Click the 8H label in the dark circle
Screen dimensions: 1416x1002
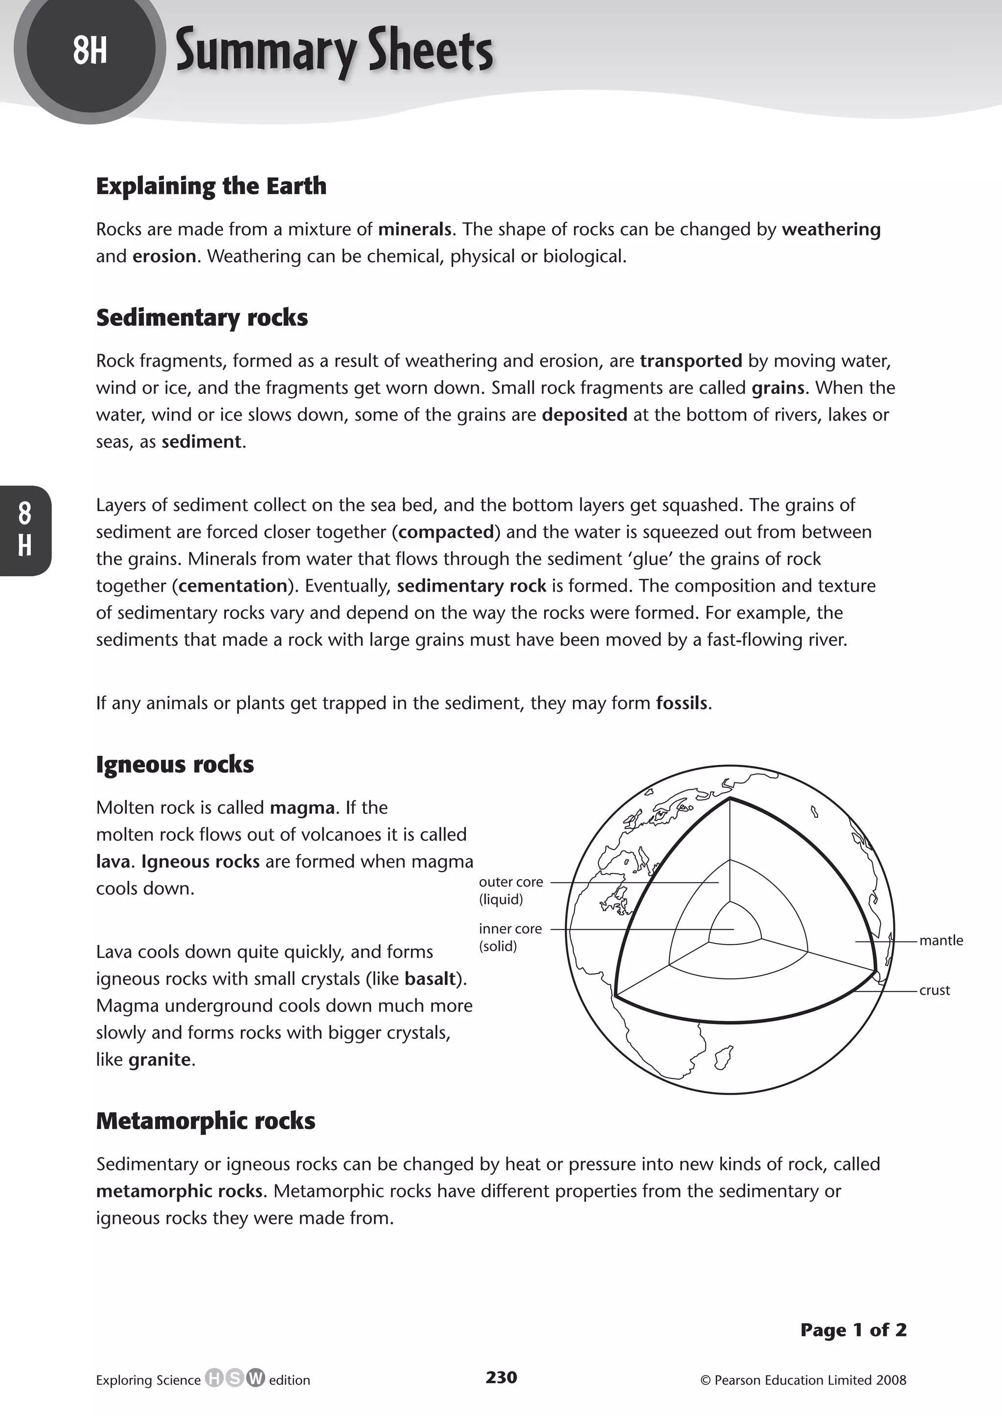coord(90,50)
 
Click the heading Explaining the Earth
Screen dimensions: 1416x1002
coord(211,186)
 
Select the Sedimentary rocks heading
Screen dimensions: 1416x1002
coord(202,317)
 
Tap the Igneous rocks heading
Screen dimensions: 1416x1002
coord(175,764)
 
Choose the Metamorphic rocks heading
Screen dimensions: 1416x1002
coord(205,1120)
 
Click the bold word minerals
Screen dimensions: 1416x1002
coord(414,229)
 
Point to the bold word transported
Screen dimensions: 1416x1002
coord(690,361)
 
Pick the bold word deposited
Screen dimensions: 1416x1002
coord(584,414)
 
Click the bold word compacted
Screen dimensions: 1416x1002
coord(446,532)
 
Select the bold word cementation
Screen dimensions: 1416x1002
coord(232,586)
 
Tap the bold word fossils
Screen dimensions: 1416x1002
coord(681,704)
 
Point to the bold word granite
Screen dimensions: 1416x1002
coord(160,1059)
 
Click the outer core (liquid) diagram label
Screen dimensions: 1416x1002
coord(510,891)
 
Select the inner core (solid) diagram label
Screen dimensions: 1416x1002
coord(510,937)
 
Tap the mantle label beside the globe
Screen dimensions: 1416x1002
coord(940,941)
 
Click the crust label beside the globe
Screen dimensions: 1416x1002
coord(934,990)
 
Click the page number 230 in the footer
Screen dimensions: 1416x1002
coord(501,1377)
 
